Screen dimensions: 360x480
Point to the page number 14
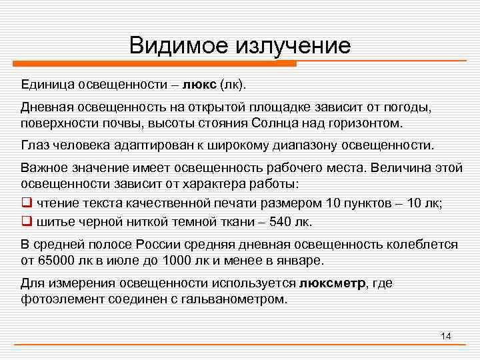point(446,335)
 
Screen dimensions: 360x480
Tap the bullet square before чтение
point(26,202)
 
